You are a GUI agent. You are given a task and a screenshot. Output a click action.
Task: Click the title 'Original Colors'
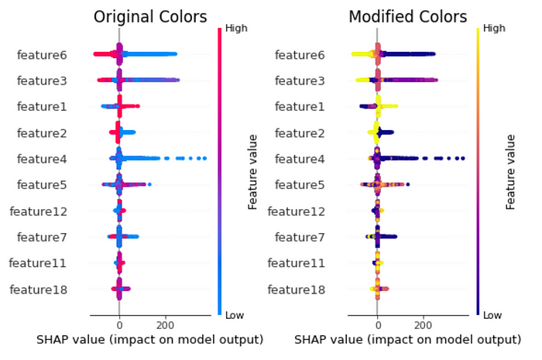(150, 17)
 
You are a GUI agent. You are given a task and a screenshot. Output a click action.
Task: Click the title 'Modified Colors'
(408, 17)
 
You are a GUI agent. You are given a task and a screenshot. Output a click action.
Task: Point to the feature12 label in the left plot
(39, 211)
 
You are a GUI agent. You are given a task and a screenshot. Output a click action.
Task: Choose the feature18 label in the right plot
(297, 290)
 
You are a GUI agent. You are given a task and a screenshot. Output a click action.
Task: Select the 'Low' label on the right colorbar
(492, 315)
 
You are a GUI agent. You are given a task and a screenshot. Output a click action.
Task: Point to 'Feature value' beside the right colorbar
(511, 172)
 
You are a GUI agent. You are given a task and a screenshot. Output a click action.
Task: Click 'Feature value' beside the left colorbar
(253, 172)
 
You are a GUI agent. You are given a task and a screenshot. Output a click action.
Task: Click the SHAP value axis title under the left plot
(150, 340)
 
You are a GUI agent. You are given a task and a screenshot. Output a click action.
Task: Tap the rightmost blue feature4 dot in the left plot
(204, 159)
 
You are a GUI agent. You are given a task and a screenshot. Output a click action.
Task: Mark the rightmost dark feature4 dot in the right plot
(462, 159)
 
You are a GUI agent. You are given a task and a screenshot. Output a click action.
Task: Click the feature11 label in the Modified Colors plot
(297, 263)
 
